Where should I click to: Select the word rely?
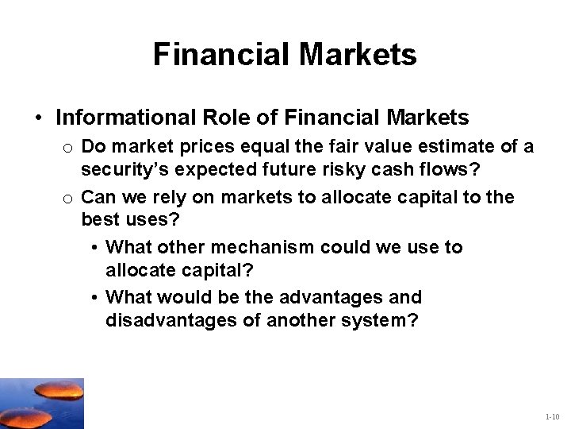click(x=165, y=196)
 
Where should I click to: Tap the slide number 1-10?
click(x=552, y=417)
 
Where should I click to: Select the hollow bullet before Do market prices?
click(x=68, y=148)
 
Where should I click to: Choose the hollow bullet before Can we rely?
click(x=68, y=197)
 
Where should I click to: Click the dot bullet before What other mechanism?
click(x=94, y=248)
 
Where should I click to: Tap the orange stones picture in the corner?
click(x=41, y=403)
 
